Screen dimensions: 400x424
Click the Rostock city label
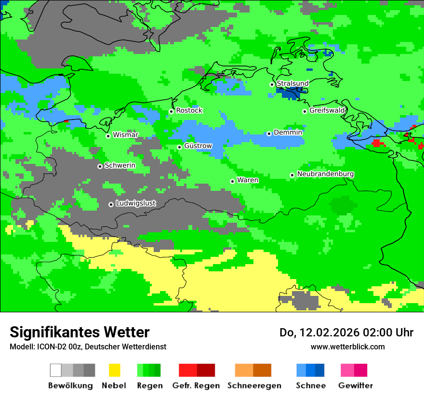[189, 110]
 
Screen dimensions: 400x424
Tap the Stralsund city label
[292, 83]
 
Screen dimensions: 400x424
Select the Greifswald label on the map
[327, 110]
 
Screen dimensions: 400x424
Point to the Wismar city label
[125, 135]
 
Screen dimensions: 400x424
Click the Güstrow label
[198, 146]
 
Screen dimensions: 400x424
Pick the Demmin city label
[288, 133]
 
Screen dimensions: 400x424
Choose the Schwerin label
[120, 166]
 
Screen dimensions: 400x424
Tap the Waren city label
[248, 180]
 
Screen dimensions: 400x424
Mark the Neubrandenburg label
[326, 174]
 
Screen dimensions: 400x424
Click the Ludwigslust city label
[136, 203]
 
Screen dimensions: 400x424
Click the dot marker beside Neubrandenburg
[292, 175]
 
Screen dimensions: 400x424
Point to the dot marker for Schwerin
[100, 166]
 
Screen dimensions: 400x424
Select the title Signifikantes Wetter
[79, 332]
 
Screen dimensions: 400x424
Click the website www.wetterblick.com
[347, 347]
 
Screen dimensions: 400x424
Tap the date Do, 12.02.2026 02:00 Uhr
[346, 333]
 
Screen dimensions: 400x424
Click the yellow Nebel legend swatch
[114, 370]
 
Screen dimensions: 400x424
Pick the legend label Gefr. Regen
[196, 386]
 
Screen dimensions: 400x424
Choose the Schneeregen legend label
[254, 386]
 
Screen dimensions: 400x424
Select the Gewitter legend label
[356, 386]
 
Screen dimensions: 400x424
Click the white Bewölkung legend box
[56, 370]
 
